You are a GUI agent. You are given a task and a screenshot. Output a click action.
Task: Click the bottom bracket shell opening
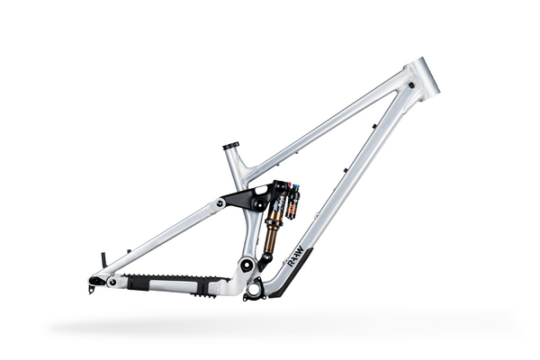tap(255, 289)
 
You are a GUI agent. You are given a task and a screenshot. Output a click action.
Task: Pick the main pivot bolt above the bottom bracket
tap(246, 265)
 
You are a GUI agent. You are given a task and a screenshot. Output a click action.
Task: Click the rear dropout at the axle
tap(95, 282)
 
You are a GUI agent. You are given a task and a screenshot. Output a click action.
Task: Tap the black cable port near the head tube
tap(410, 85)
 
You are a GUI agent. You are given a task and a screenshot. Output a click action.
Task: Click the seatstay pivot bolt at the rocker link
tap(220, 204)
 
